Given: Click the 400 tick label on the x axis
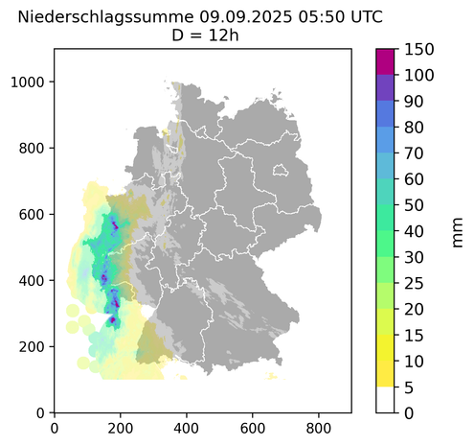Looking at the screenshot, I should click(187, 429).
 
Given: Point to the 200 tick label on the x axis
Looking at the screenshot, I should click(120, 429).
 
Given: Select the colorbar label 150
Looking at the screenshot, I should click(420, 49).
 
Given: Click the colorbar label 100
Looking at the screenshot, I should click(420, 75).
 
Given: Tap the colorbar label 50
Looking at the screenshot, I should click(416, 204).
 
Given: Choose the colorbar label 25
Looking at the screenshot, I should click(416, 283).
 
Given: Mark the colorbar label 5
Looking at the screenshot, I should click(411, 387).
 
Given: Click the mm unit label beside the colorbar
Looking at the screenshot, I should click(457, 230).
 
